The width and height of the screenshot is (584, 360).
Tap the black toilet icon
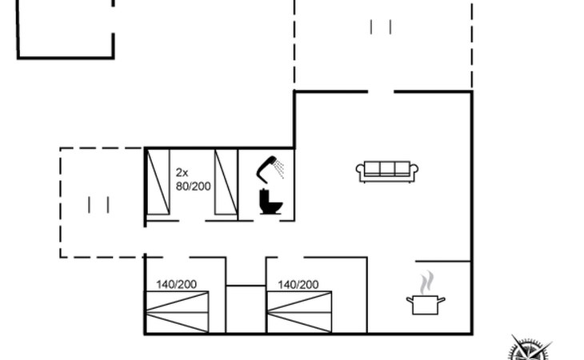[270, 202]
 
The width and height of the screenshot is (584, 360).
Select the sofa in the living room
[387, 172]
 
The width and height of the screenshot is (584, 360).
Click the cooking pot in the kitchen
[426, 304]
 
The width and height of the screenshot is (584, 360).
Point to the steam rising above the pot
[427, 282]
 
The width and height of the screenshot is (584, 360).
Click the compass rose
[529, 349]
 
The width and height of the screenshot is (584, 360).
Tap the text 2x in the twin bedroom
[182, 172]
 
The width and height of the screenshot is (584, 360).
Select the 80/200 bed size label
[193, 186]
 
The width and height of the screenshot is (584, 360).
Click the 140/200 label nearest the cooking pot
[298, 285]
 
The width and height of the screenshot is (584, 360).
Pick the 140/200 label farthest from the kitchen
[176, 285]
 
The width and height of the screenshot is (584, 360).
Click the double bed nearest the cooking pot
[299, 312]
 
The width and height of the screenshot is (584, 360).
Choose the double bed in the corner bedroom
[177, 312]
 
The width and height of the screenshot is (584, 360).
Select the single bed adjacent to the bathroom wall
[226, 182]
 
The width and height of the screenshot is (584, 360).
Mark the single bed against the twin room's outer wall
[158, 182]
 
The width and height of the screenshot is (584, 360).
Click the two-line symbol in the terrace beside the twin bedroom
[98, 205]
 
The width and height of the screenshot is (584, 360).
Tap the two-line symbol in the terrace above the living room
[380, 27]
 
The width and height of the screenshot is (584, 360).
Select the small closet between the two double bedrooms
[246, 310]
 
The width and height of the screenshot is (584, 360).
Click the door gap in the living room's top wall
[381, 91]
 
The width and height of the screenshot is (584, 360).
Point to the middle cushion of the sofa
[387, 168]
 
